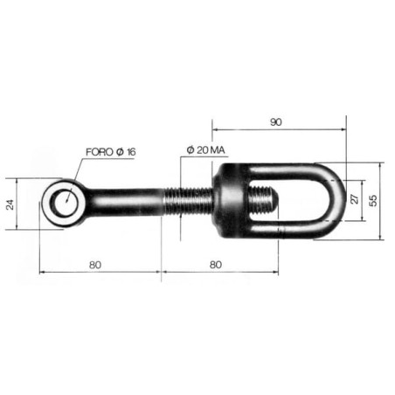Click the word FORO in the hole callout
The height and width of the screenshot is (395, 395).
100,152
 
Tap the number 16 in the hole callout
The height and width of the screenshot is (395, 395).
131,152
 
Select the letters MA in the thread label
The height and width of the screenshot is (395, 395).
218,150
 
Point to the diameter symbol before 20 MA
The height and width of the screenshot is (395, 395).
191,150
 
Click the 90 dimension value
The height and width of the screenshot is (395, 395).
276,122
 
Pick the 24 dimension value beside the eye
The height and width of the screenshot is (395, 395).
10,204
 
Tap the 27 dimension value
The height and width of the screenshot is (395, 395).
355,199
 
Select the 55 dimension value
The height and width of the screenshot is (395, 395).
373,200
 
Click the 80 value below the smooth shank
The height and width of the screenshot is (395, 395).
95,265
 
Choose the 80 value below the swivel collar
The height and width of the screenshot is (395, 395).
216,265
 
